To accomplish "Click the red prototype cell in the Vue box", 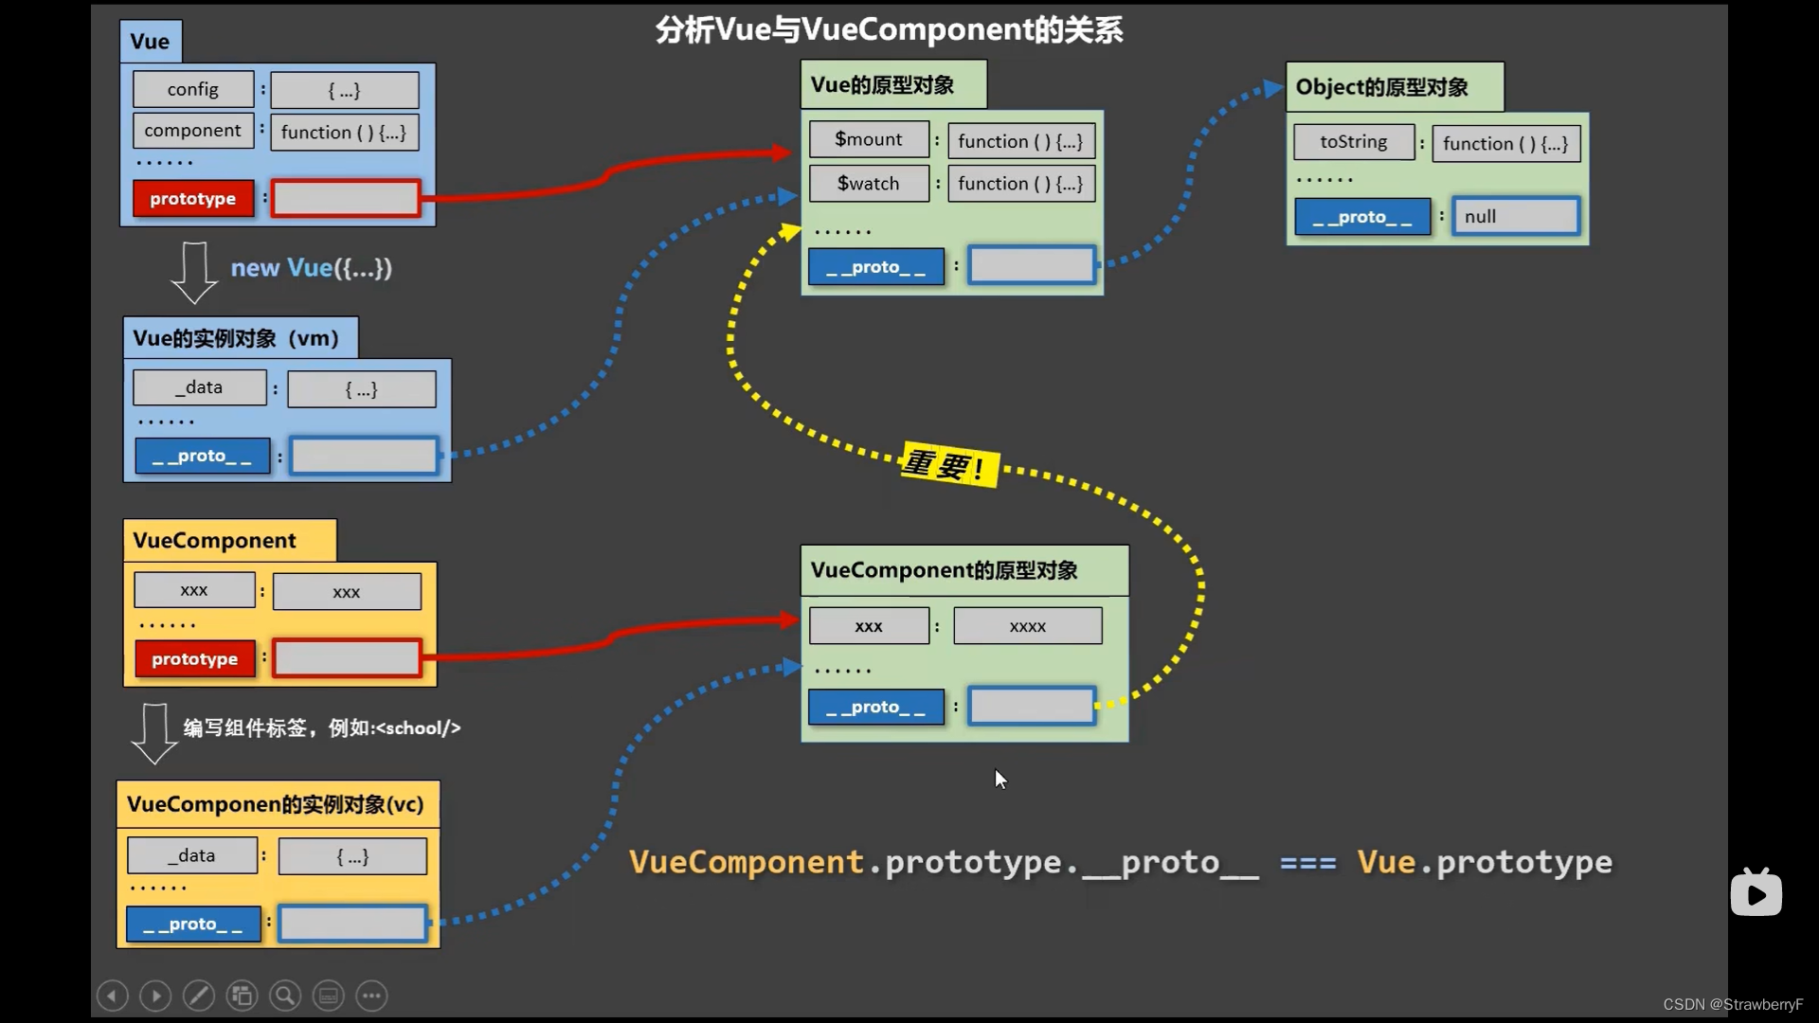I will pyautogui.click(x=193, y=199).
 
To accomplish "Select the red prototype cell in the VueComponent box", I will pyautogui.click(x=195, y=659).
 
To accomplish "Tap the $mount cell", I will pyautogui.click(x=869, y=139).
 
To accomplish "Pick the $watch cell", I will pyautogui.click(x=869, y=184).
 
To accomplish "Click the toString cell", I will pyautogui.click(x=1354, y=142).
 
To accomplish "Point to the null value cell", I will pyautogui.click(x=1516, y=217).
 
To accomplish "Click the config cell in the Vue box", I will pyautogui.click(x=193, y=89).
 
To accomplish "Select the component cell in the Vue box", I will pyautogui.click(x=193, y=131).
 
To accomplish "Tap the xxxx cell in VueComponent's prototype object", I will pyautogui.click(x=1028, y=626).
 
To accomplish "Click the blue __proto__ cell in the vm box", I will pyautogui.click(x=202, y=456).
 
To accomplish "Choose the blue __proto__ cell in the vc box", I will pyautogui.click(x=193, y=924).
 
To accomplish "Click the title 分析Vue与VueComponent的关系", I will pyautogui.click(x=890, y=29).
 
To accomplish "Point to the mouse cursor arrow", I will pyautogui.click(x=1000, y=779).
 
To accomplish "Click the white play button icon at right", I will pyautogui.click(x=1756, y=893).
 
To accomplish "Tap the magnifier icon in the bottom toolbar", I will pyautogui.click(x=285, y=996).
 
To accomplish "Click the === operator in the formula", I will pyautogui.click(x=1307, y=863).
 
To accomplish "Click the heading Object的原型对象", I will pyautogui.click(x=1382, y=87).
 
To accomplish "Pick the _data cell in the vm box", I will pyautogui.click(x=199, y=387).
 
